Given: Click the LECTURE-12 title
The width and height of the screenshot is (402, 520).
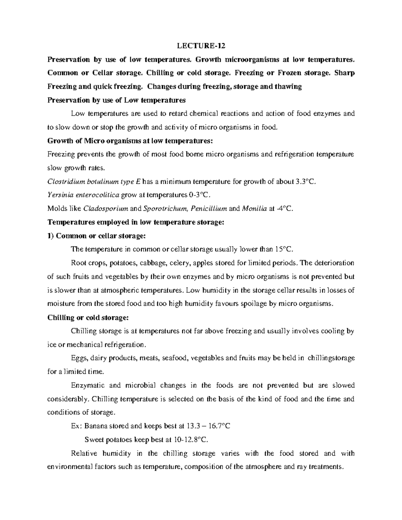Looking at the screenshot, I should click(x=201, y=46).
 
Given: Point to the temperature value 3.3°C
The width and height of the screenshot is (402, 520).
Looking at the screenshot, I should click(x=306, y=181).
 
